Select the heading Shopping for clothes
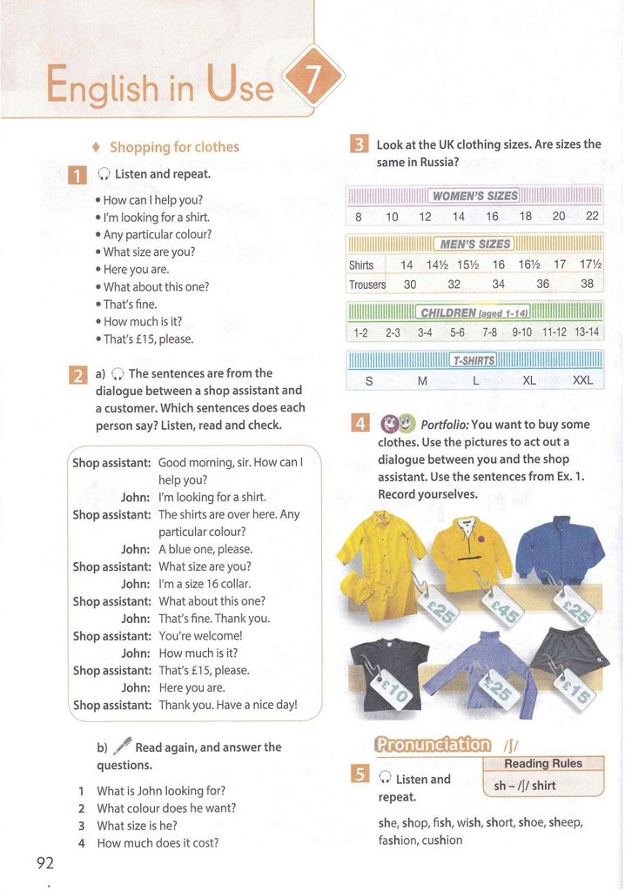point(174,147)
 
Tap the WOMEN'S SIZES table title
point(474,195)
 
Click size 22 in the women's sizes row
point(592,217)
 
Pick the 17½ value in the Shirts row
point(590,265)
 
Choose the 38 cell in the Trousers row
point(587,284)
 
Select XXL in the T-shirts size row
point(582,380)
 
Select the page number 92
point(45,863)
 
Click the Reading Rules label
point(542,763)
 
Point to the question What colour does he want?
point(166,807)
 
